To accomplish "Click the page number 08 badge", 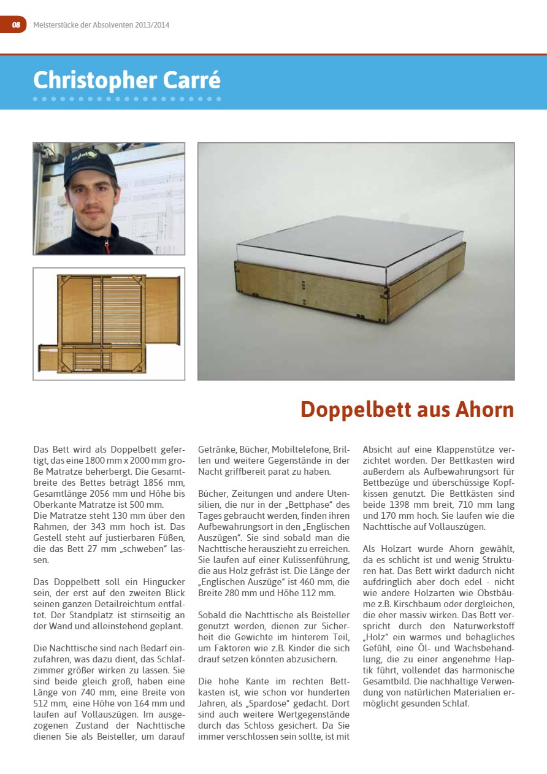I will (15, 25).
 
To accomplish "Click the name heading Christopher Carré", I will (127, 80).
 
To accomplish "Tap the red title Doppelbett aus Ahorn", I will (407, 409).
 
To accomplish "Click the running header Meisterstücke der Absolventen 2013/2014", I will (101, 25).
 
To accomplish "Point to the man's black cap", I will (90, 164).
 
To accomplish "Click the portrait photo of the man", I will (109, 199).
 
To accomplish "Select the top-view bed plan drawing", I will (109, 324).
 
